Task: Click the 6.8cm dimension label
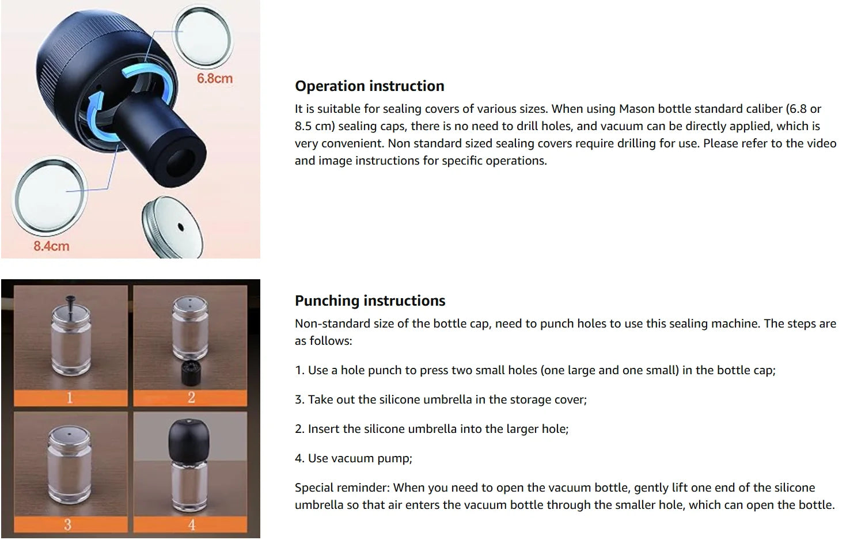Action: pyautogui.click(x=214, y=78)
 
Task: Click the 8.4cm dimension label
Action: pyautogui.click(x=51, y=246)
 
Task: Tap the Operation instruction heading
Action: pyautogui.click(x=369, y=86)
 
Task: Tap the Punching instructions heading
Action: pyautogui.click(x=370, y=301)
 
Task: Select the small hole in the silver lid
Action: pyautogui.click(x=180, y=226)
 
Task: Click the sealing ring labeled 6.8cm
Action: pyautogui.click(x=204, y=33)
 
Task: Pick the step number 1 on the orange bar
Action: pyautogui.click(x=70, y=398)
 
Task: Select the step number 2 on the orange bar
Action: pyautogui.click(x=191, y=398)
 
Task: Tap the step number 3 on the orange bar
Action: pyautogui.click(x=68, y=524)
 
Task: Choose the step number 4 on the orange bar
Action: pyautogui.click(x=191, y=524)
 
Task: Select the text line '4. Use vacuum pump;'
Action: pyautogui.click(x=353, y=458)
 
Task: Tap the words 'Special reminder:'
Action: pyautogui.click(x=342, y=488)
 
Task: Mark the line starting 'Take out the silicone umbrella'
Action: pyautogui.click(x=441, y=400)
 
